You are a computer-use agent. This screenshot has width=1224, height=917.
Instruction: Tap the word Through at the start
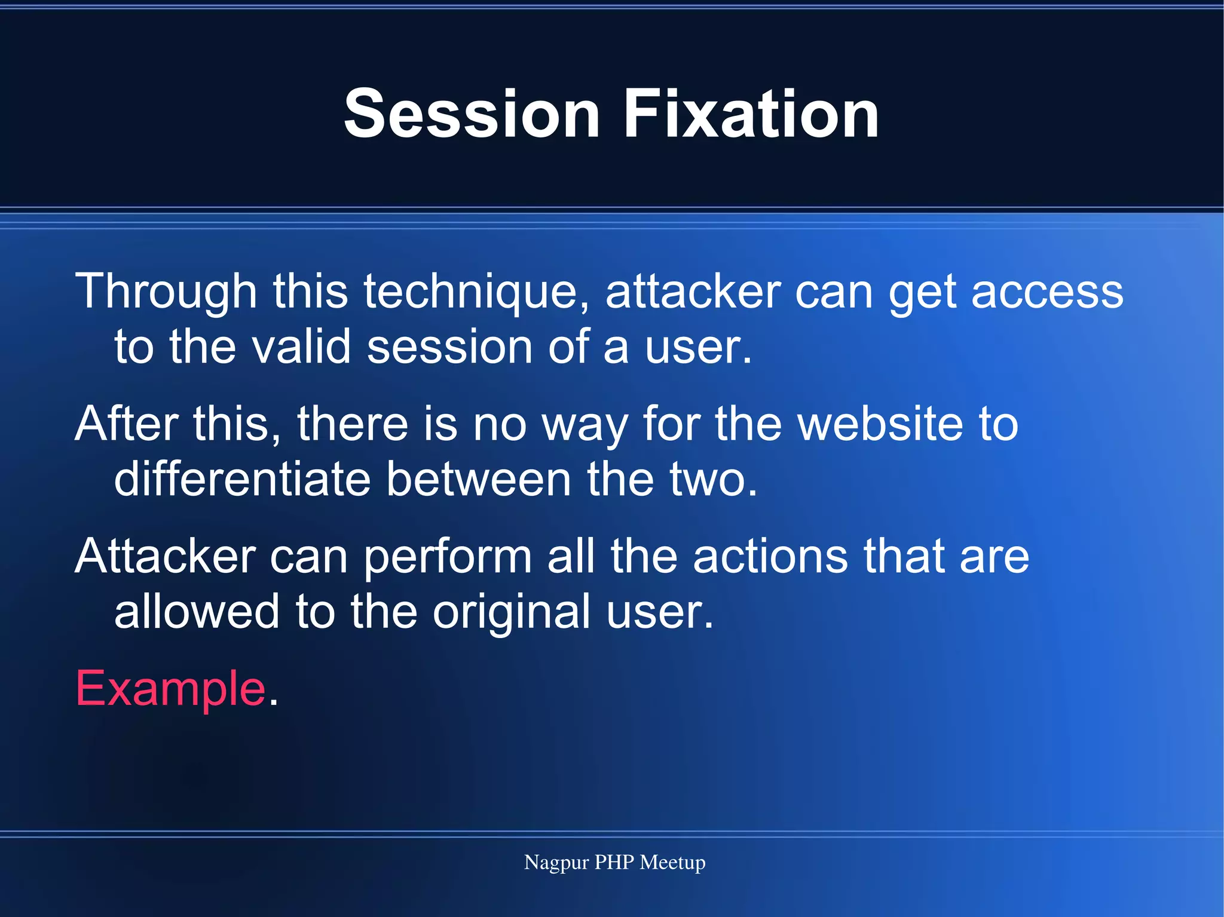pos(166,292)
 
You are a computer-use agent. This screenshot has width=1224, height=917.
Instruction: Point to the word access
pos(1047,292)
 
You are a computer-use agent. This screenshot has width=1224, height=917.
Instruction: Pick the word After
pos(126,424)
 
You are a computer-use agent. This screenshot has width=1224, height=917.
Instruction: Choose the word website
pos(881,424)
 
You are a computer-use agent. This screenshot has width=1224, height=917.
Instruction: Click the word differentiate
pos(242,479)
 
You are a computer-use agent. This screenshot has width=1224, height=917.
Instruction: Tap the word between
pos(479,479)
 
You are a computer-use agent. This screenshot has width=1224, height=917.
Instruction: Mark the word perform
pos(448,556)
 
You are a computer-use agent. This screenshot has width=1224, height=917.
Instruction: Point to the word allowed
pos(197,612)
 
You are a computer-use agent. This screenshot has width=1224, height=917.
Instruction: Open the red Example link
pos(171,688)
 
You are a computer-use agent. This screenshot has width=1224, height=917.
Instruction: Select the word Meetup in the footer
pos(672,863)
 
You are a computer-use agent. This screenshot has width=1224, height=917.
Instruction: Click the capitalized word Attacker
pos(166,556)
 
